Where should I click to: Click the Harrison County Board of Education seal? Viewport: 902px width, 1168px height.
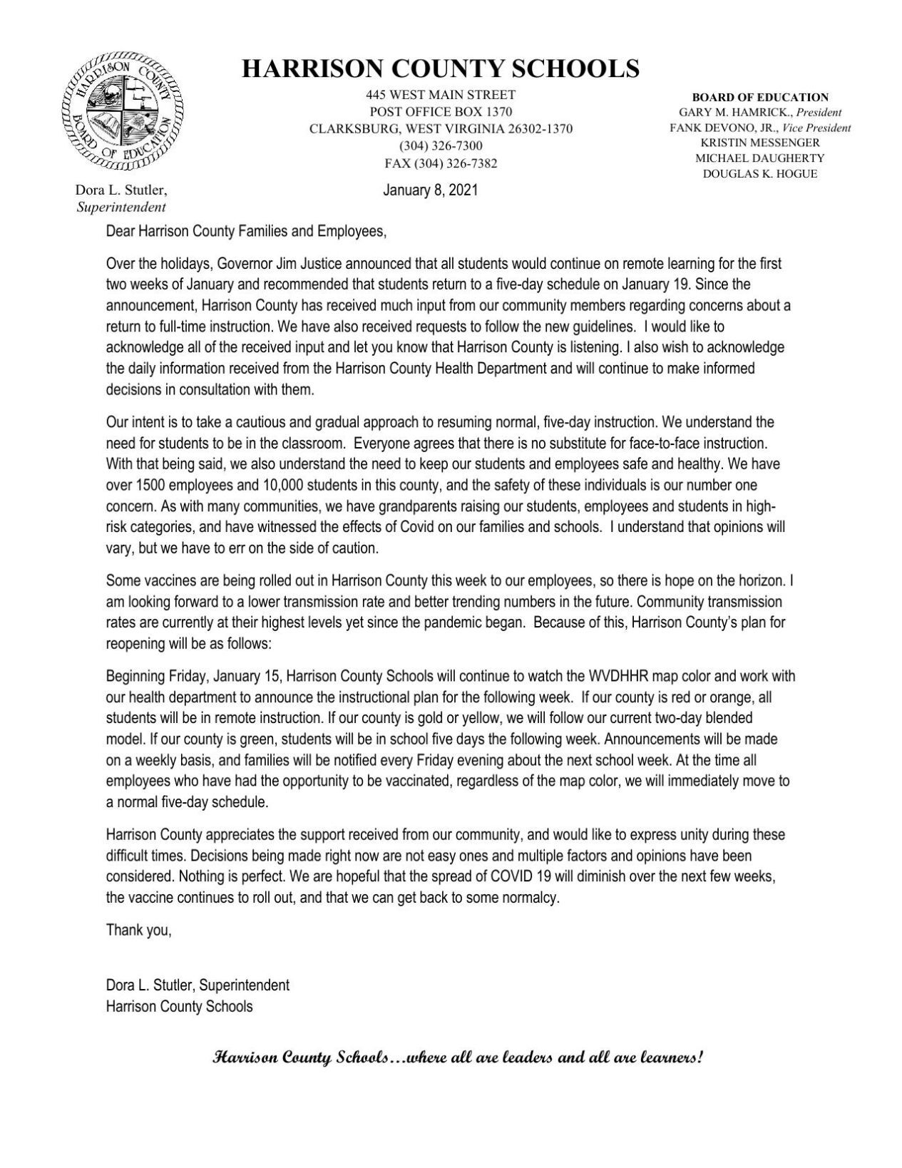click(122, 115)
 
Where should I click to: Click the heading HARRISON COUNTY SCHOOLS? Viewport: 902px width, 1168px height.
click(440, 68)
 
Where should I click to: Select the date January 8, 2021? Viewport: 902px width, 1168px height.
click(430, 190)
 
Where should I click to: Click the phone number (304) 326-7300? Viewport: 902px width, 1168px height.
click(440, 146)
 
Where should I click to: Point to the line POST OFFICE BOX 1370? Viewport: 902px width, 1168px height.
click(440, 112)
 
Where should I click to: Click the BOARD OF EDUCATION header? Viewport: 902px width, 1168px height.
click(760, 98)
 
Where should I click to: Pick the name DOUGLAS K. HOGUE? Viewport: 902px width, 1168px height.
click(760, 174)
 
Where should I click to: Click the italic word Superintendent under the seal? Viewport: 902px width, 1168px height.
click(121, 208)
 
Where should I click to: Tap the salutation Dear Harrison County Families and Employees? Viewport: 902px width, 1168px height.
click(246, 232)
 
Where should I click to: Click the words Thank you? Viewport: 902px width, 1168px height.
click(138, 930)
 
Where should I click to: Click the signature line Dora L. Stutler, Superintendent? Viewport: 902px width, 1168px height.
click(198, 985)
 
